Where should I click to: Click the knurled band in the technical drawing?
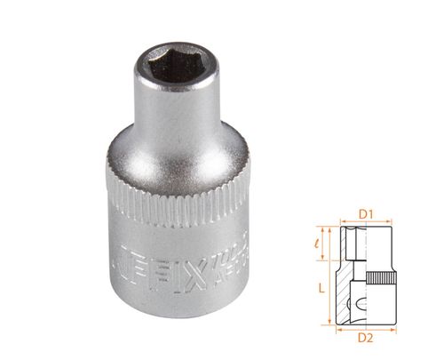(x=379, y=281)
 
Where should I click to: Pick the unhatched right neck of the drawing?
(x=372, y=244)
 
